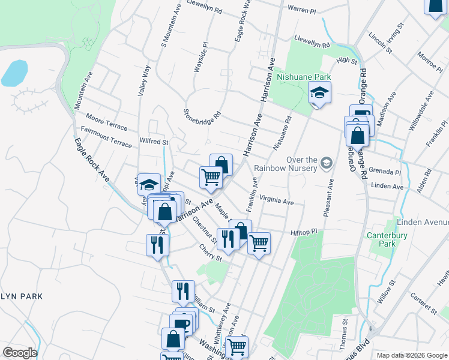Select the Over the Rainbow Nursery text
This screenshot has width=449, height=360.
(x=285, y=163)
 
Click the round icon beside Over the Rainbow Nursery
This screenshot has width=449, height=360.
(x=327, y=163)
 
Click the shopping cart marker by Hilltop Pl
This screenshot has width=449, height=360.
(x=259, y=244)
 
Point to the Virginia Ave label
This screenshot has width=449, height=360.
(x=276, y=200)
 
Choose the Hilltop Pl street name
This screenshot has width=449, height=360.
(x=304, y=232)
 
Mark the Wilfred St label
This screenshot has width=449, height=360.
(x=154, y=142)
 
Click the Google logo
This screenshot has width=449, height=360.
(x=20, y=353)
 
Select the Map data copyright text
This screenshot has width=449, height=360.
(x=411, y=356)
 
